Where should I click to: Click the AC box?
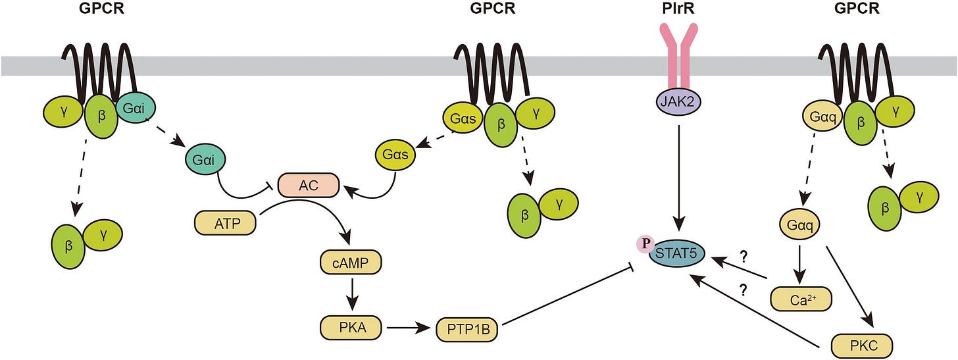coord(309,185)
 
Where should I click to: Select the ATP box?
coord(226,223)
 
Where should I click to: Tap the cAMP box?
coord(351,263)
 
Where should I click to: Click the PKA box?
coord(351,328)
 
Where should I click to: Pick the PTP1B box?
coord(467,330)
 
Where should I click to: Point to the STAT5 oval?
coord(676,253)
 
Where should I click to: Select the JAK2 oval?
coord(678,102)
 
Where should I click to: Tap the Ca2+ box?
coord(801,299)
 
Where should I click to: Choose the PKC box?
coord(862,346)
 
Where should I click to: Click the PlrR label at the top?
coord(678,8)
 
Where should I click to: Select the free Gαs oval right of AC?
coord(395,154)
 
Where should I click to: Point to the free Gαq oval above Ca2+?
coord(800,224)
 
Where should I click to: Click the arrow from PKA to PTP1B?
coord(408,328)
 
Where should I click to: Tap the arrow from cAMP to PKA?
coord(351,295)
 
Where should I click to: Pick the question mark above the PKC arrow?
coord(744,290)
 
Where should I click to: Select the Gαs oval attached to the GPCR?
coord(463,118)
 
